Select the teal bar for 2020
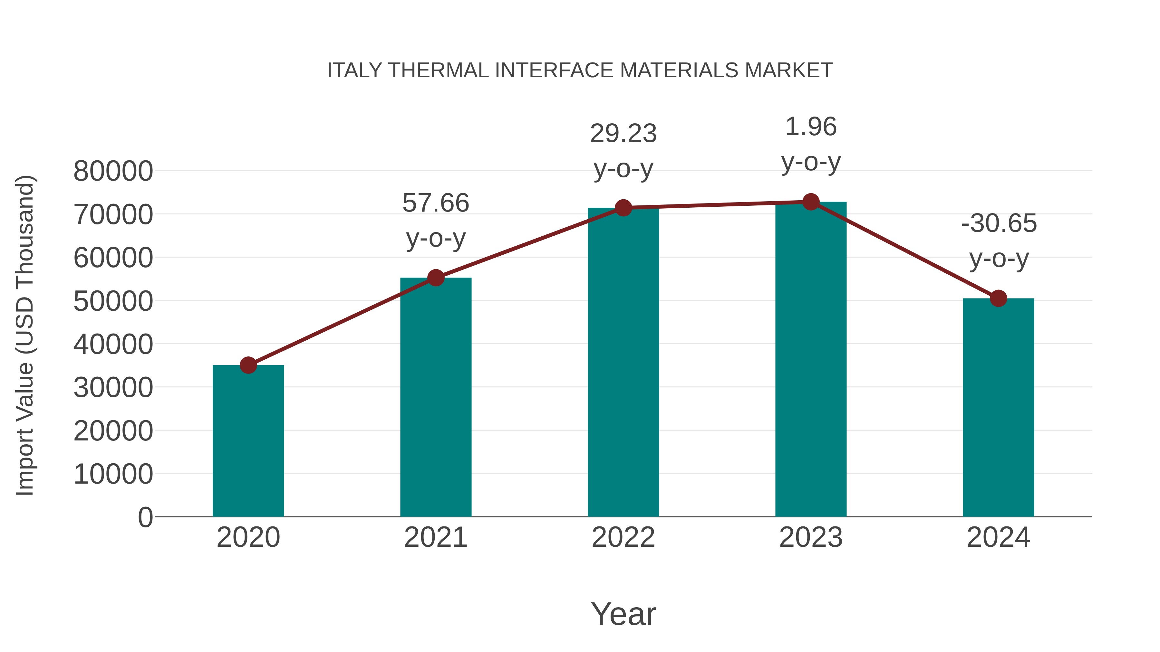point(248,441)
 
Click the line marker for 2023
point(811,202)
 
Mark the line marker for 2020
point(248,365)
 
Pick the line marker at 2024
point(998,298)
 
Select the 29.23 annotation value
point(623,134)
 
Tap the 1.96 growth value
point(811,127)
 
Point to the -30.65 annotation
point(999,224)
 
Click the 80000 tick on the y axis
point(113,171)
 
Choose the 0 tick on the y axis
point(145,517)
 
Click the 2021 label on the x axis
point(436,537)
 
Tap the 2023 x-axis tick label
point(811,537)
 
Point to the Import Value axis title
point(25,335)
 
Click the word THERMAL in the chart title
point(439,71)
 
